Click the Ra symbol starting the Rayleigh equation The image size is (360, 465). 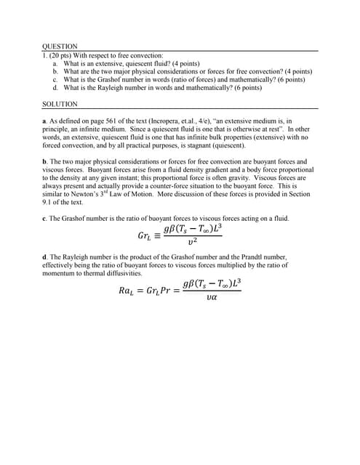click(x=126, y=291)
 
